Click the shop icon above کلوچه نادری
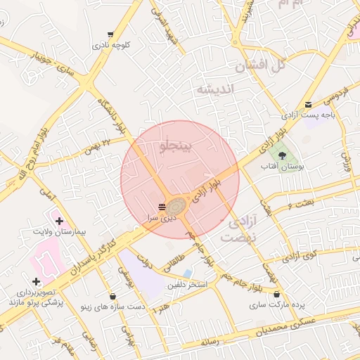pyautogui.click(x=110, y=34)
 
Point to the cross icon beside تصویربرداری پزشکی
pyautogui.click(x=36, y=282)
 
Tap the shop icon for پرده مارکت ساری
pyautogui.click(x=276, y=295)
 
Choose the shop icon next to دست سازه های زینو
pyautogui.click(x=113, y=296)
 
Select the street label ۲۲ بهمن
pyautogui.click(x=97, y=146)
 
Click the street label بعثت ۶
pyautogui.click(x=300, y=203)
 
